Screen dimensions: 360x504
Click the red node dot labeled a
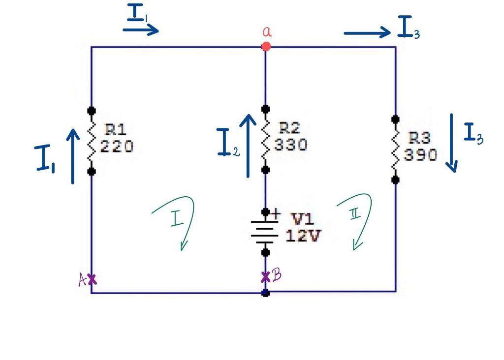tap(266, 47)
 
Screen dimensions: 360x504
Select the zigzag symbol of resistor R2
tap(265, 139)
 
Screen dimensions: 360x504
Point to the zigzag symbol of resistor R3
tap(395, 150)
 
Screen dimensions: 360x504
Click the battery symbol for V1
tap(265, 232)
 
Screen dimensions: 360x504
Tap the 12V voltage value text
tap(303, 236)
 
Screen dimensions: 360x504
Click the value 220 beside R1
tap(117, 147)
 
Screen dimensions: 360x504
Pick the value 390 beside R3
tap(421, 155)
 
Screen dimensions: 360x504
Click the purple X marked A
tap(92, 279)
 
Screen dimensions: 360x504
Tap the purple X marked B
tap(266, 277)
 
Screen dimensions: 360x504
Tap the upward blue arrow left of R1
tap(73, 156)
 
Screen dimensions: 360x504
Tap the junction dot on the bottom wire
tap(265, 293)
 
